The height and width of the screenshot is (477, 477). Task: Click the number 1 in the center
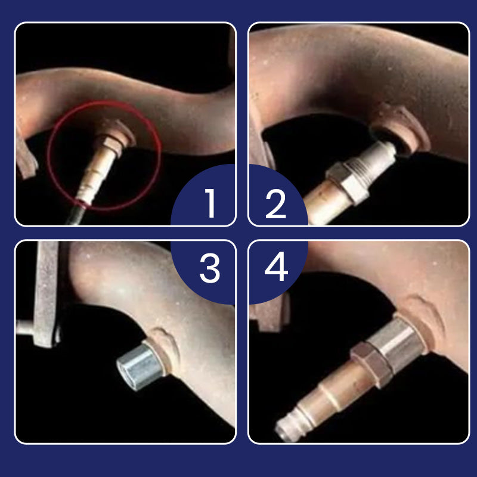coord(210,203)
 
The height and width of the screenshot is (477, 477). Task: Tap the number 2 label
coord(275,203)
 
